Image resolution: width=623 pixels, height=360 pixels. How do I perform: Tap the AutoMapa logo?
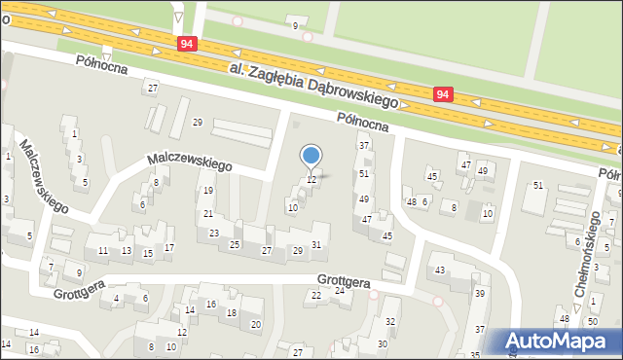click(x=561, y=342)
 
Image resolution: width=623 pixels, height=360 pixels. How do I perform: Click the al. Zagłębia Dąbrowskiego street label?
click(x=316, y=85)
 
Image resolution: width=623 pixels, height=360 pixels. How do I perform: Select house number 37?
click(x=364, y=146)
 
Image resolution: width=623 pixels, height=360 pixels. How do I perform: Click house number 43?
click(x=440, y=270)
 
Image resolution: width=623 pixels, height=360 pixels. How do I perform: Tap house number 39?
click(x=479, y=294)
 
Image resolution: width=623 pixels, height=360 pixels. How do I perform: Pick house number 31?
click(x=316, y=244)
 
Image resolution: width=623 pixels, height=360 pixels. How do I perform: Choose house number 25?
click(x=235, y=244)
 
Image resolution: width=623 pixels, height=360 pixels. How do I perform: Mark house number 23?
click(x=214, y=234)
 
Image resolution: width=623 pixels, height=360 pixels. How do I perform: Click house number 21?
click(x=208, y=214)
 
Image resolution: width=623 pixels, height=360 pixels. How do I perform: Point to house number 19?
click(x=208, y=191)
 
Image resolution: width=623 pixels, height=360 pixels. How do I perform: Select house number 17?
click(x=169, y=248)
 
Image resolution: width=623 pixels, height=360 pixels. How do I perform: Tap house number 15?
click(x=148, y=254)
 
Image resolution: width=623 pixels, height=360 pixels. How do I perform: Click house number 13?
click(x=127, y=251)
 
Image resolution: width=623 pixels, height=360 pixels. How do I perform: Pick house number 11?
click(x=103, y=251)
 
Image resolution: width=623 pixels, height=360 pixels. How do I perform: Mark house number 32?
click(x=391, y=322)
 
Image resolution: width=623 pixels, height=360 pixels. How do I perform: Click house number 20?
click(x=256, y=325)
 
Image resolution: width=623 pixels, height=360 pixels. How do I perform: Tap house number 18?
click(x=232, y=313)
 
